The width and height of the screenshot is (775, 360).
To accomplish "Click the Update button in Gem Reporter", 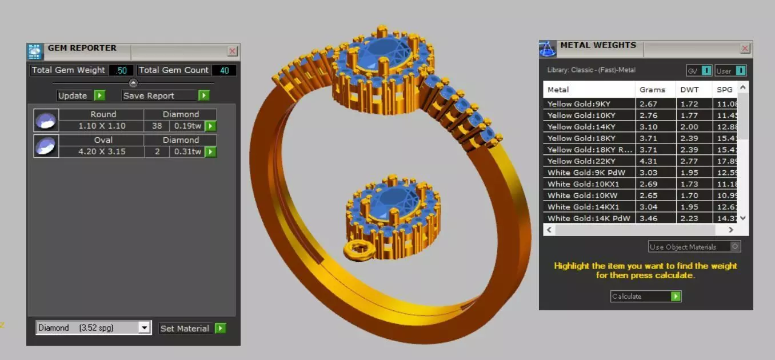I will pos(81,95).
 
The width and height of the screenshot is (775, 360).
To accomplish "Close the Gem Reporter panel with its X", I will pos(232,51).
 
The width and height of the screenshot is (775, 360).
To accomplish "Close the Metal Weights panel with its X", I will pos(745,49).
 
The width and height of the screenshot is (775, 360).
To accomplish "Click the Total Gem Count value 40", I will pos(224,70).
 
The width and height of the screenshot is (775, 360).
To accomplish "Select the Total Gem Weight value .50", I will pos(121,70).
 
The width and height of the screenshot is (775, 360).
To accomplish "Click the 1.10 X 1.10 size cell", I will pos(101,126).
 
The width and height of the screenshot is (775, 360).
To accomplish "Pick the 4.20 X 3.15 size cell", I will pos(101,151).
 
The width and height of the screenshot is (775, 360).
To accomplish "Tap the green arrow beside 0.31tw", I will pos(210,151).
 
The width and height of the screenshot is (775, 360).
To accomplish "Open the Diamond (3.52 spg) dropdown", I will pos(145,328).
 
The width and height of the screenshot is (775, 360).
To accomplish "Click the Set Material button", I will pos(192,328).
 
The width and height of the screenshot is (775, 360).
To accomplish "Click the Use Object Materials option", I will pos(694,247).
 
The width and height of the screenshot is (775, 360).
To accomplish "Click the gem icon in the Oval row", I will pos(46,146).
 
